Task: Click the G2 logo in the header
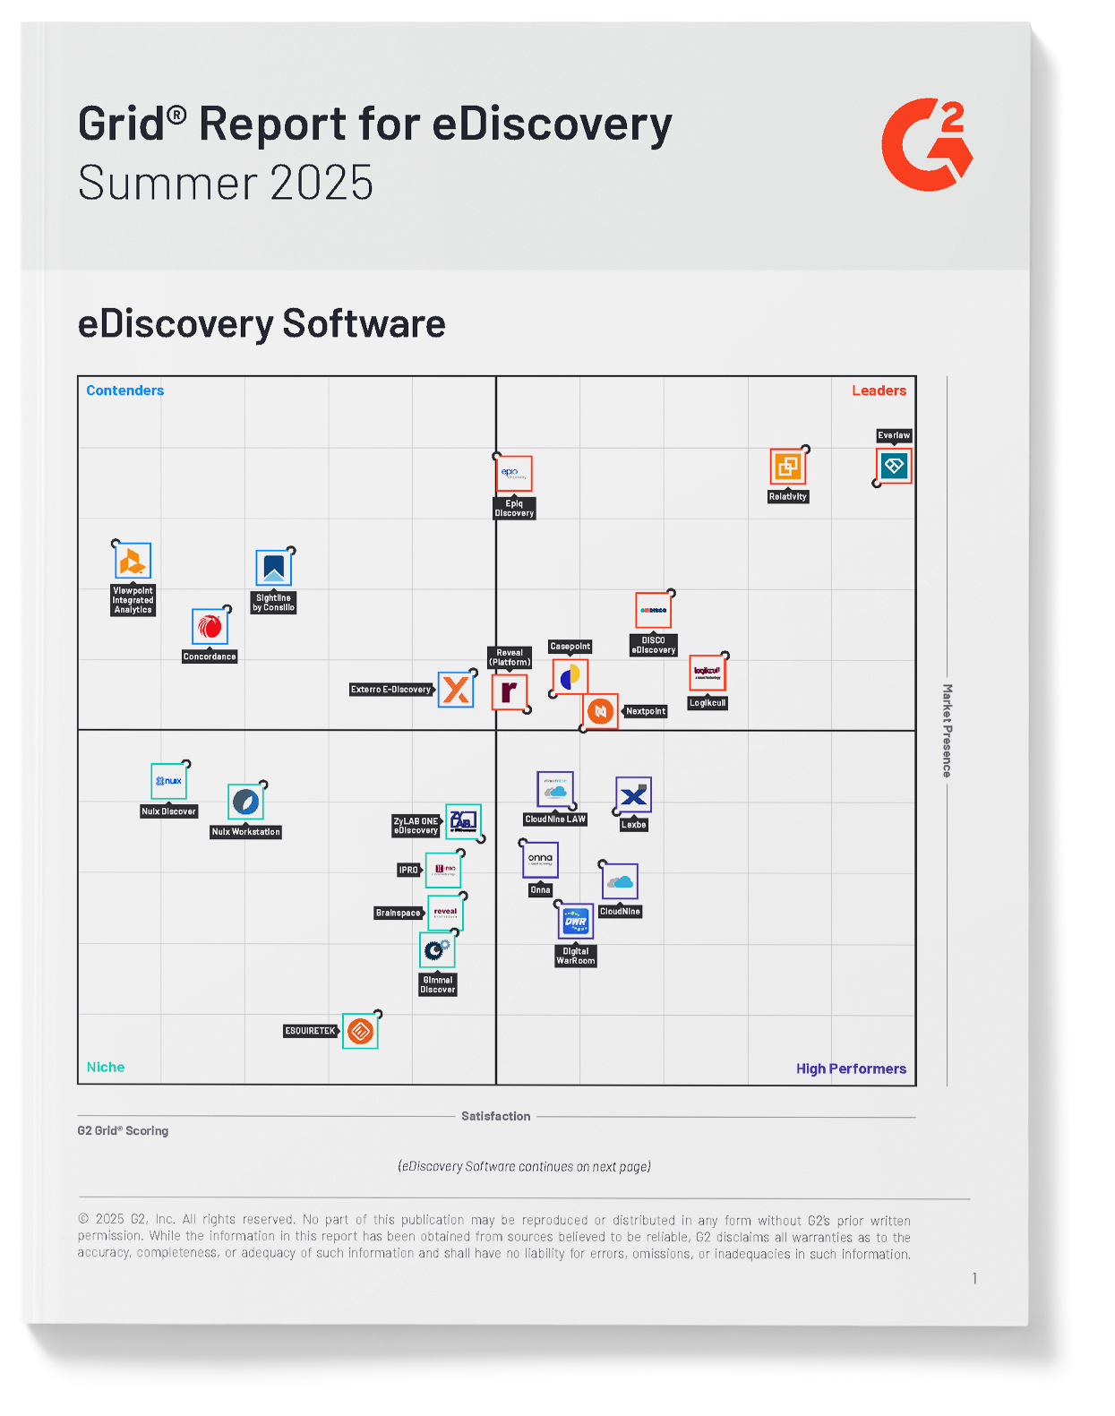(x=926, y=144)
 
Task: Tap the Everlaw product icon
(x=894, y=466)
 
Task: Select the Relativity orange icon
(x=788, y=467)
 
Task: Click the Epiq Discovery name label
(x=514, y=509)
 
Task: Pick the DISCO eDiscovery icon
(x=653, y=610)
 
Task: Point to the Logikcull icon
(x=707, y=673)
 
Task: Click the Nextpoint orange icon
(x=601, y=711)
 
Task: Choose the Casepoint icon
(x=570, y=677)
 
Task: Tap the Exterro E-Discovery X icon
(x=456, y=690)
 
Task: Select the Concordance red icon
(x=210, y=627)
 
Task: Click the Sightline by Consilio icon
(x=273, y=568)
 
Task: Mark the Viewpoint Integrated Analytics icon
(x=133, y=562)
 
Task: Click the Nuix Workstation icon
(x=245, y=802)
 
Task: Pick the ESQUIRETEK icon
(x=360, y=1031)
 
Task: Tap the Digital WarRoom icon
(x=575, y=922)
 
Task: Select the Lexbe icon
(x=633, y=795)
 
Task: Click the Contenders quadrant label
(x=124, y=390)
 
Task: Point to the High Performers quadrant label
(x=851, y=1068)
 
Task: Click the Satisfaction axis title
(x=495, y=1116)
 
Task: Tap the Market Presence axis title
(x=947, y=731)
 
